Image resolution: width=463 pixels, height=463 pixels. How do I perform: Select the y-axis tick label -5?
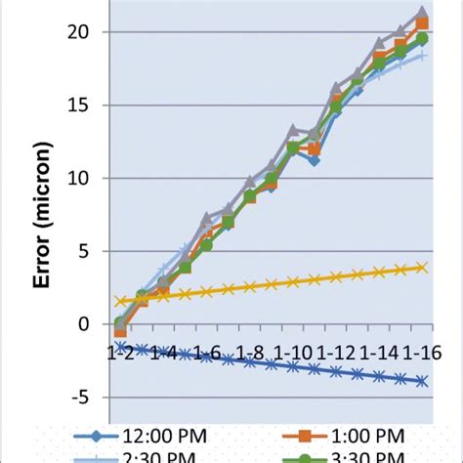click(87, 398)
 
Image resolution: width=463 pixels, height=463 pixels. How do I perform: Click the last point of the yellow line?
click(422, 267)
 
